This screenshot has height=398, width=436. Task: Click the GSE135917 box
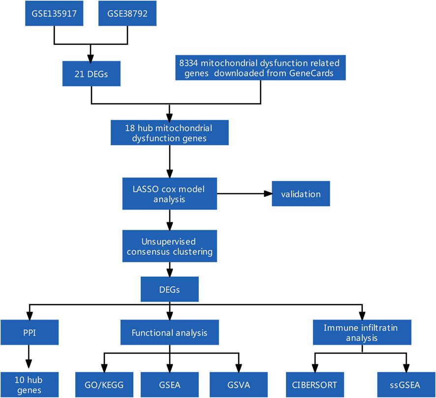pos(54,13)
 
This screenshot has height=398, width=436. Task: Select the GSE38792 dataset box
pos(127,13)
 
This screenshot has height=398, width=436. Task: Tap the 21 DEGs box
pos(92,74)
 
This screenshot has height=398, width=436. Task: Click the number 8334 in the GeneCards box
pos(188,63)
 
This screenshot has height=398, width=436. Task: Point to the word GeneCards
pos(311,73)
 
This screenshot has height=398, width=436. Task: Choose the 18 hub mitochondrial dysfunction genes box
pos(170,132)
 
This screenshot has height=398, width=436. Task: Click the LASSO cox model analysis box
pos(170,194)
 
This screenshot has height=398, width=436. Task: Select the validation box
pos(301,194)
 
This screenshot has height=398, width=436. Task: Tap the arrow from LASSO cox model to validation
pos(245,194)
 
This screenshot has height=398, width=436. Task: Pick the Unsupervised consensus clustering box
pos(170,246)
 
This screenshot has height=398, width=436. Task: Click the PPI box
pos(30,333)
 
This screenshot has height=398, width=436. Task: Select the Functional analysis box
pos(170,333)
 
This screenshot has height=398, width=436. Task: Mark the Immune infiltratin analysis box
pos(362,333)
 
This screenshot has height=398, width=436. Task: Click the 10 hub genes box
pos(30,385)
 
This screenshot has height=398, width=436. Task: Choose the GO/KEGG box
pos(104,385)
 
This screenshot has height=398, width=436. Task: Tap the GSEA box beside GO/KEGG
pos(170,385)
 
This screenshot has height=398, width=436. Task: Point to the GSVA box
pos(239,385)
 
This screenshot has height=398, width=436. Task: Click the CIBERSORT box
pos(315,385)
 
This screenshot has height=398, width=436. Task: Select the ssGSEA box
pos(406,385)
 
